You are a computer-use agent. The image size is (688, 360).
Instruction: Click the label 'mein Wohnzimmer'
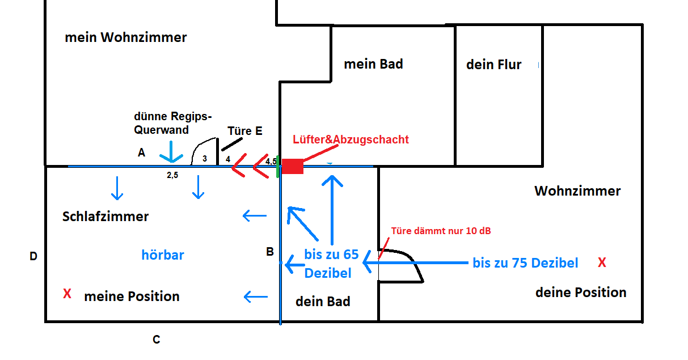click(x=126, y=38)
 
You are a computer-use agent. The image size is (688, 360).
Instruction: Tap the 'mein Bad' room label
click(x=373, y=64)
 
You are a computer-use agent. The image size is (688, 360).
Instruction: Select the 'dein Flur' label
click(x=493, y=65)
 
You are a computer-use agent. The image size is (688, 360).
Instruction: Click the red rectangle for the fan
click(x=293, y=167)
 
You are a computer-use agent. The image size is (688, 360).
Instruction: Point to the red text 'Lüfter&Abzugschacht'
click(x=351, y=139)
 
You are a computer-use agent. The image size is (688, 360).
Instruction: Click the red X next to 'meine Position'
click(x=67, y=294)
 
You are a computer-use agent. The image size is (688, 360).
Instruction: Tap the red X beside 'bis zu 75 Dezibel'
click(x=602, y=262)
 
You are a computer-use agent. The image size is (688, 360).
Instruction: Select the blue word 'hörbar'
click(x=163, y=255)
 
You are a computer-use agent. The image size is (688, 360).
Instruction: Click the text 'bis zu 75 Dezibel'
click(x=525, y=263)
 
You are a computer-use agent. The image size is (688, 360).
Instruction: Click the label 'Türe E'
click(x=244, y=131)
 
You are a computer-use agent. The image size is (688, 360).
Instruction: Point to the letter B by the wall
click(x=270, y=252)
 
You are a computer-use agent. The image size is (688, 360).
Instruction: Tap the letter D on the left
click(x=33, y=257)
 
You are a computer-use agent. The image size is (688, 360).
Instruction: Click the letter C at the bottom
click(x=156, y=340)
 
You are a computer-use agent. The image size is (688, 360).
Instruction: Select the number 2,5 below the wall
click(x=172, y=176)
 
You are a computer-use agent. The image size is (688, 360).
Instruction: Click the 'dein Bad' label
click(x=323, y=302)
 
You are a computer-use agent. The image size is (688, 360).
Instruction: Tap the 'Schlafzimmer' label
click(x=105, y=217)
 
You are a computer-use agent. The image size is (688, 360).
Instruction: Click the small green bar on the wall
click(x=278, y=167)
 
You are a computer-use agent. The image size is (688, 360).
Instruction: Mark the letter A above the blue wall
click(x=141, y=153)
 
